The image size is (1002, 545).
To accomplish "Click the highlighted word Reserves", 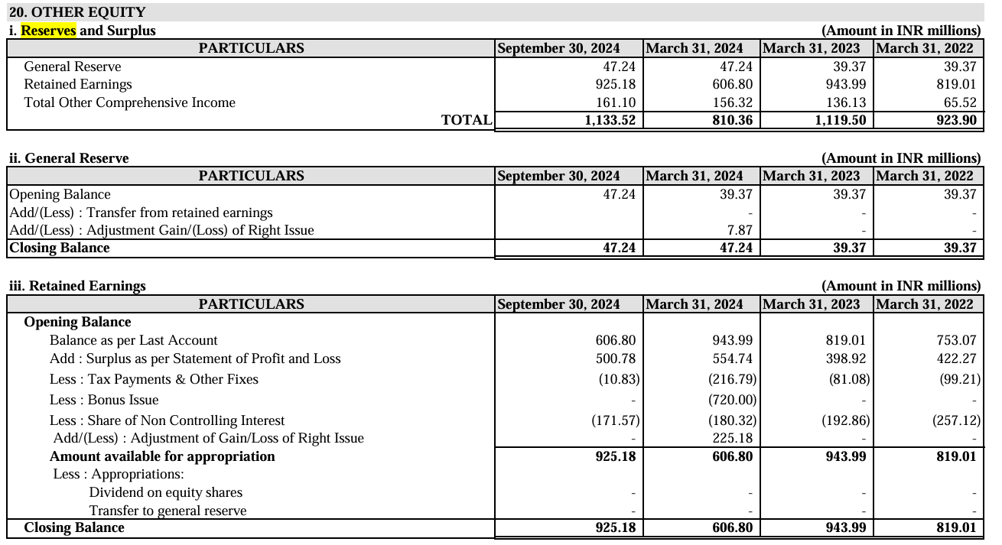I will [49, 31].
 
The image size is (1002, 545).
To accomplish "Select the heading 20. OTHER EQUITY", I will [77, 12].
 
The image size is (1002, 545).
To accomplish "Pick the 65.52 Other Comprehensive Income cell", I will [959, 102].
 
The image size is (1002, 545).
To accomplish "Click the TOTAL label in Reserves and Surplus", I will [467, 120].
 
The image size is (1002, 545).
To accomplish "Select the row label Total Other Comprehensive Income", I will [129, 102].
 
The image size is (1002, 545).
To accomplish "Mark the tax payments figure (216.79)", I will [731, 379].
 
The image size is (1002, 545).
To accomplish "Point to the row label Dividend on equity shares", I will [165, 492].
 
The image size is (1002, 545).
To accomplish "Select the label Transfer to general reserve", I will [168, 511].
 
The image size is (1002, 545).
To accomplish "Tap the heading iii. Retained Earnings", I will [77, 286].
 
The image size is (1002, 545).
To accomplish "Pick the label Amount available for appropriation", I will [162, 456].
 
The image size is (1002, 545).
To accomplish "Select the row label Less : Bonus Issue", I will [104, 400].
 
